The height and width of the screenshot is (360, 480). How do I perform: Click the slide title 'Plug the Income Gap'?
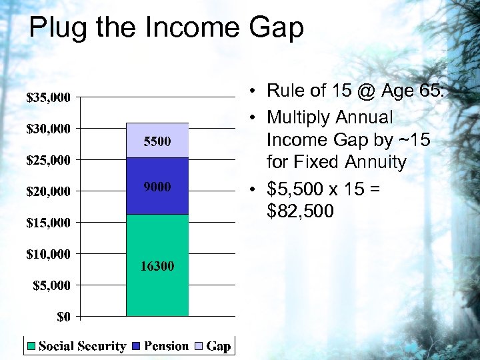166,28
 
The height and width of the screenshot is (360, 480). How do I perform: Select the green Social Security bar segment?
157,293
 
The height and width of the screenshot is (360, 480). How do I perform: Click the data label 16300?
157,267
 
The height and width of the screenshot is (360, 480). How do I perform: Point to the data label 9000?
157,187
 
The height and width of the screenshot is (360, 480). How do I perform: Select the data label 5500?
157,141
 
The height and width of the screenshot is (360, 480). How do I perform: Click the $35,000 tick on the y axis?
48,97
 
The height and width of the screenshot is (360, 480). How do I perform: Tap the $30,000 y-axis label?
48,129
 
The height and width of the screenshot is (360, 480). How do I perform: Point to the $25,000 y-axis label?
48,160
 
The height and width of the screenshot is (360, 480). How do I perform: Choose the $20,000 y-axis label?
48,191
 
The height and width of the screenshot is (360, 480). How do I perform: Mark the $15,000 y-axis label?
48,223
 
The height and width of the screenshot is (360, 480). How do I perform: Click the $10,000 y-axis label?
48,254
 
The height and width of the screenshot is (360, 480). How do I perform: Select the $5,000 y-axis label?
51,285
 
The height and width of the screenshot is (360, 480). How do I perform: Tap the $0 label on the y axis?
63,317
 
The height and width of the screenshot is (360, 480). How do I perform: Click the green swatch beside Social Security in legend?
31,346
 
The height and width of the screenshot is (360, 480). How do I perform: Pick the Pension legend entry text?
167,346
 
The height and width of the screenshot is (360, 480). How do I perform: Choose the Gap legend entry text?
218,346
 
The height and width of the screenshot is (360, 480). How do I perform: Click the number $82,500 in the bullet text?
300,212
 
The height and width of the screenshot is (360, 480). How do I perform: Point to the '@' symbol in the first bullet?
363,90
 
